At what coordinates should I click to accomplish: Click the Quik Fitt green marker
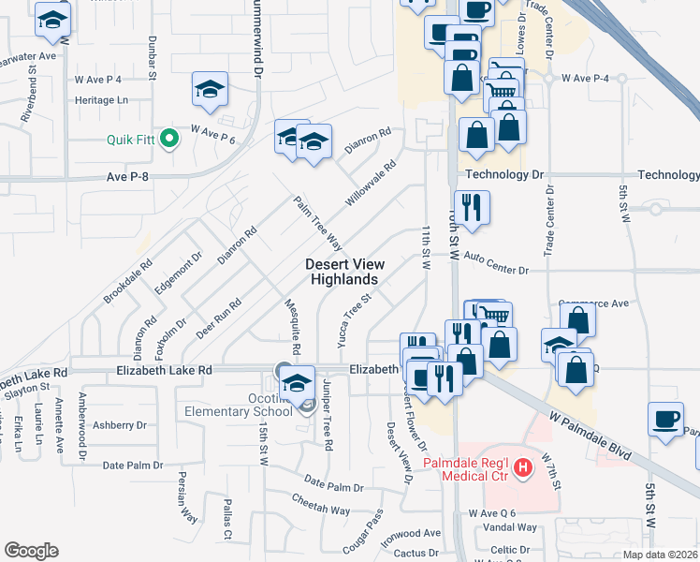pyautogui.click(x=169, y=140)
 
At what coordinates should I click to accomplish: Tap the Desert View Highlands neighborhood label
pyautogui.click(x=344, y=272)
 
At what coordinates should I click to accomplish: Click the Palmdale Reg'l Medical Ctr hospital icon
pyautogui.click(x=524, y=466)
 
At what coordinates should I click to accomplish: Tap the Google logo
pyautogui.click(x=31, y=551)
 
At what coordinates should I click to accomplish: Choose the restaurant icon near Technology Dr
pyautogui.click(x=470, y=208)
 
